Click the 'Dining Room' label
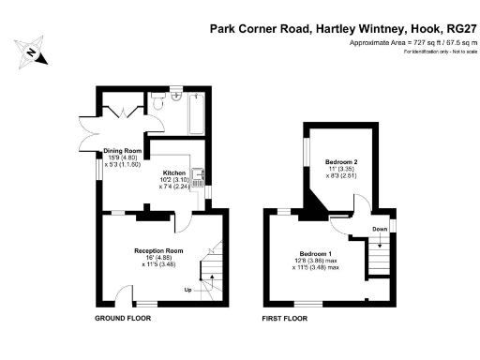(x=122, y=150)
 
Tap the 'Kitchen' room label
(x=174, y=172)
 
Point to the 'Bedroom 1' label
(x=315, y=254)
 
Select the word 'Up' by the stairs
(x=188, y=289)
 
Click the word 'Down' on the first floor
(x=379, y=228)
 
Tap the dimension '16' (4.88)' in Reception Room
(x=156, y=259)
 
